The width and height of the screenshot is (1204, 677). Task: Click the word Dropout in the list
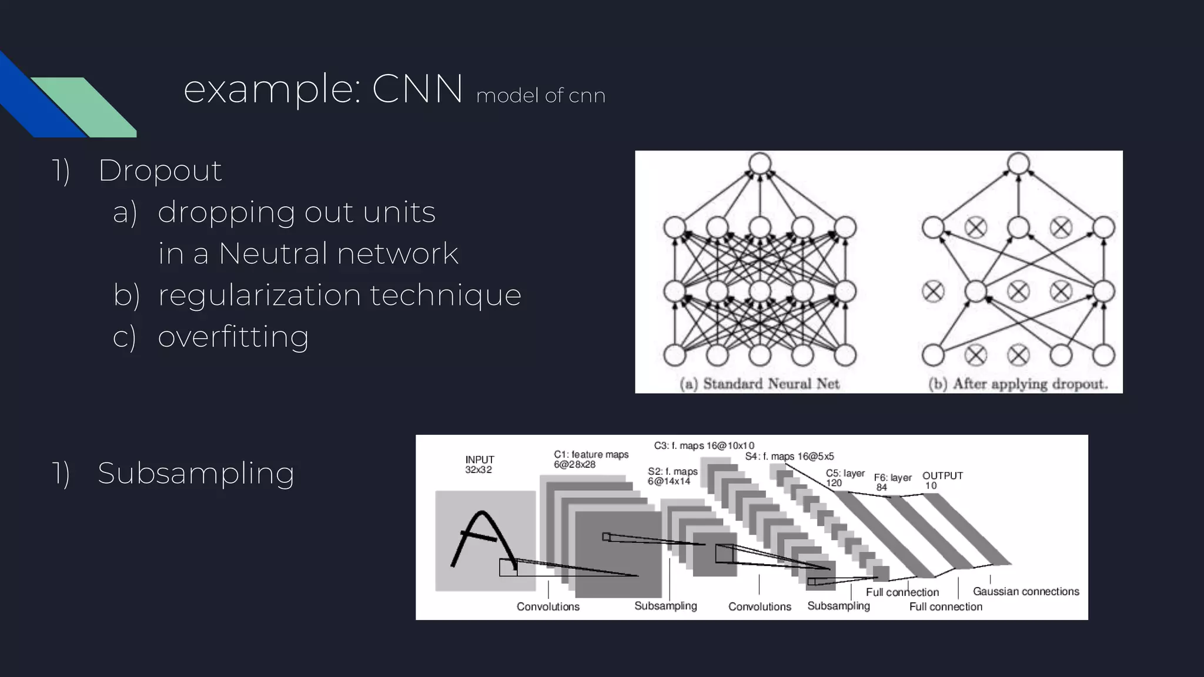pyautogui.click(x=159, y=171)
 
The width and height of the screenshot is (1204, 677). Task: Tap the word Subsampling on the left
pyautogui.click(x=196, y=474)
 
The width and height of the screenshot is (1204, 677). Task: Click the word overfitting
pyautogui.click(x=233, y=337)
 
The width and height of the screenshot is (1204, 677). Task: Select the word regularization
pyautogui.click(x=259, y=295)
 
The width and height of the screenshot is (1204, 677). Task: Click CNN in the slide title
pyautogui.click(x=417, y=90)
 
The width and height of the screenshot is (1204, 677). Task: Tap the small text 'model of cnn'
pyautogui.click(x=540, y=96)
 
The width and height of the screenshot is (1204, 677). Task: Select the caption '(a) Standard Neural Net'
pyautogui.click(x=759, y=384)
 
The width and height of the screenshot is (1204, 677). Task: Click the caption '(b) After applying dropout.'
pyautogui.click(x=1018, y=384)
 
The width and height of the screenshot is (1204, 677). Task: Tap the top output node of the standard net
pyautogui.click(x=760, y=163)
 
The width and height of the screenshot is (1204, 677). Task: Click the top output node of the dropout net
pyautogui.click(x=1018, y=163)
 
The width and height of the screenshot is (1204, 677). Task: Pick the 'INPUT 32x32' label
pyautogui.click(x=479, y=464)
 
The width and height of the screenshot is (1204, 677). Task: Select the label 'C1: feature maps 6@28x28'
pyautogui.click(x=590, y=459)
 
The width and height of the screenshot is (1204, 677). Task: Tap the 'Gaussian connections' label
pyautogui.click(x=1026, y=591)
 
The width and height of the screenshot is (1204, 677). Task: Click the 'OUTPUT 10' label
pyautogui.click(x=942, y=480)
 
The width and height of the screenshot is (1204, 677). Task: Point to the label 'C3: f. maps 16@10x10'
pyautogui.click(x=704, y=445)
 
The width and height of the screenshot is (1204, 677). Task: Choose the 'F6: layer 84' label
pyautogui.click(x=892, y=482)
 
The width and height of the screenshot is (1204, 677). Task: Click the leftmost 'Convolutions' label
pyautogui.click(x=548, y=606)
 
